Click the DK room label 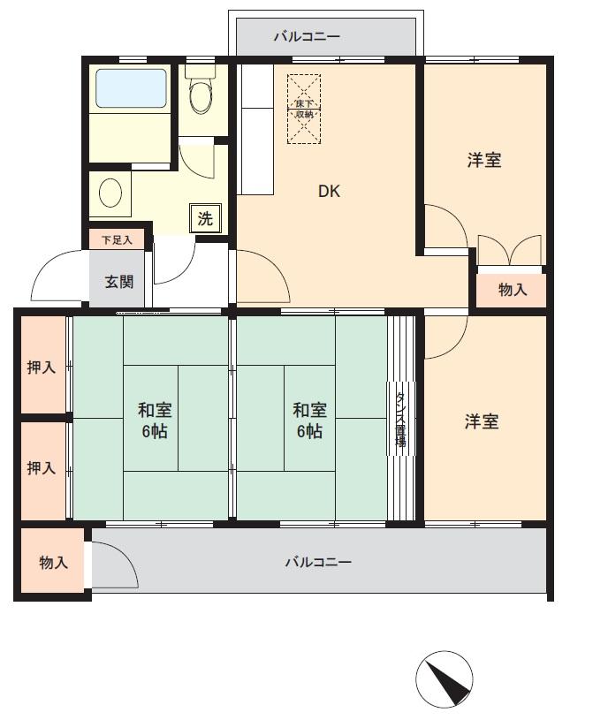tap(329, 192)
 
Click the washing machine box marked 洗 tap(205, 218)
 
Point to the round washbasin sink tap(111, 193)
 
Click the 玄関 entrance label tap(119, 283)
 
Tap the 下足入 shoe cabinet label tap(116, 239)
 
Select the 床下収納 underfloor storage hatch tap(304, 109)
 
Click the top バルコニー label tap(306, 37)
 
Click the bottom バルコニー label tap(318, 562)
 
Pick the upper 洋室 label tap(484, 161)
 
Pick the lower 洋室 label tap(482, 421)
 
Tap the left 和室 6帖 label tap(154, 421)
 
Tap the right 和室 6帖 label tap(309, 421)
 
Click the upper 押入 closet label tap(42, 367)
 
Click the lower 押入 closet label tap(42, 467)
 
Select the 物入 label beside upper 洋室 tap(513, 289)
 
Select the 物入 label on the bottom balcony tap(53, 562)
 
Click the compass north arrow tap(444, 678)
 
